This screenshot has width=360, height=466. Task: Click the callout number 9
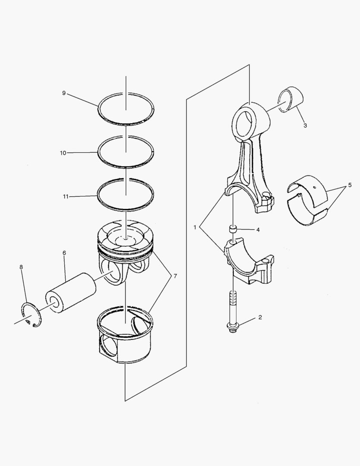pos(63,93)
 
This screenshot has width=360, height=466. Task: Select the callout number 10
pos(63,153)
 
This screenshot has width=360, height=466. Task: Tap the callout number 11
pos(66,196)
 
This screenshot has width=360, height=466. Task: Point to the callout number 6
pos(64,253)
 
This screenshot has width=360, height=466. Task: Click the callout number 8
pos(21,267)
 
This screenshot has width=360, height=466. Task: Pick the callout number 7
pos(175,276)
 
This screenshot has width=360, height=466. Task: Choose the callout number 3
pos(305,126)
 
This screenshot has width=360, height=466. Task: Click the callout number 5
pos(350,185)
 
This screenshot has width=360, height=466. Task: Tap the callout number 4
pos(258,230)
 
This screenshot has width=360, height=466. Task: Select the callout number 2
pos(260,318)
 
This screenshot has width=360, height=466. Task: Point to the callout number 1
pos(195,227)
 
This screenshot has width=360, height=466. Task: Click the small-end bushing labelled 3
pos(291,99)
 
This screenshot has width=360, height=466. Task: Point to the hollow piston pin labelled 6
pos(71,292)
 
